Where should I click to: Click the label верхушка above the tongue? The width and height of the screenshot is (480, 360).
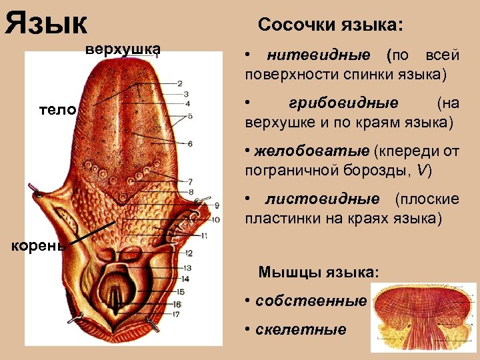click(122, 49)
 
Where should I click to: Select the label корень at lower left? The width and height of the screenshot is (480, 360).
click(37, 245)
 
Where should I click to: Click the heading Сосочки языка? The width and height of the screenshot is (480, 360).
click(330, 25)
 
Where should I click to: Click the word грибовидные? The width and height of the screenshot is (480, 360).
click(344, 103)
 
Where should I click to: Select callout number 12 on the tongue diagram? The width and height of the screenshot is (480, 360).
click(189, 253)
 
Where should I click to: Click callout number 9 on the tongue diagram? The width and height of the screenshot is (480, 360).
click(217, 205)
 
